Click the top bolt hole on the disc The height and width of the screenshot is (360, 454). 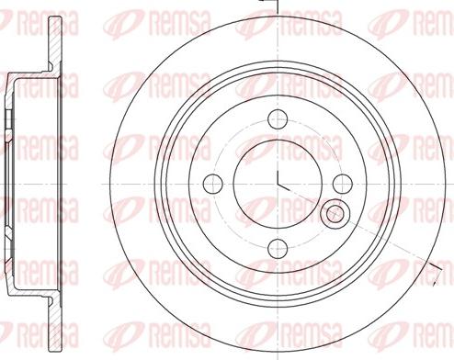pyautogui.click(x=277, y=118)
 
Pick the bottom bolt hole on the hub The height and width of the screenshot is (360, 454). pyautogui.click(x=277, y=245)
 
